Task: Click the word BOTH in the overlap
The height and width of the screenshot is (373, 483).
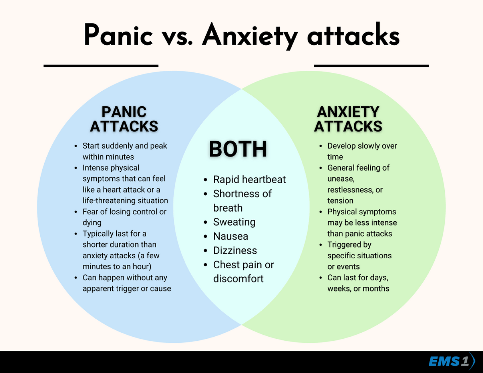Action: pos(238,149)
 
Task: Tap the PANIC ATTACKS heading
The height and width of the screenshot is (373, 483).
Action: pos(124,119)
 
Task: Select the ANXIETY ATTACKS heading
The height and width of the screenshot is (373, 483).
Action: pos(348,119)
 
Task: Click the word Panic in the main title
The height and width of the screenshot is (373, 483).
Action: pos(118,35)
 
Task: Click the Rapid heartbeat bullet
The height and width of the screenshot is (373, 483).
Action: pos(250,179)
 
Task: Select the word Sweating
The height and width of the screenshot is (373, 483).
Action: pos(234,222)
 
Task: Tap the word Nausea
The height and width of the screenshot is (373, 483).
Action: pos(230,236)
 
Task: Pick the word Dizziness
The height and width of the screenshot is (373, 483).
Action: pos(235,250)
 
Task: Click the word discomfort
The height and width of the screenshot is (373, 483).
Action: pos(238,278)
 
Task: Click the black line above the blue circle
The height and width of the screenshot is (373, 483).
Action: pos(101,66)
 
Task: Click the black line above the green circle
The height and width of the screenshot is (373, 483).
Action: pos(371,66)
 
